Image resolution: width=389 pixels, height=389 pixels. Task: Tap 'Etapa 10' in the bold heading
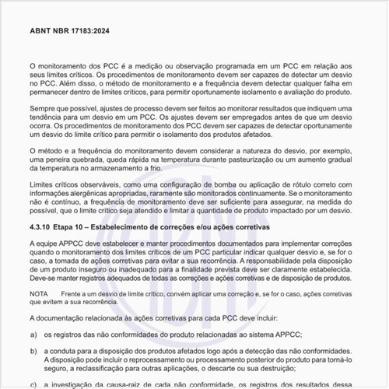(76, 227)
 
